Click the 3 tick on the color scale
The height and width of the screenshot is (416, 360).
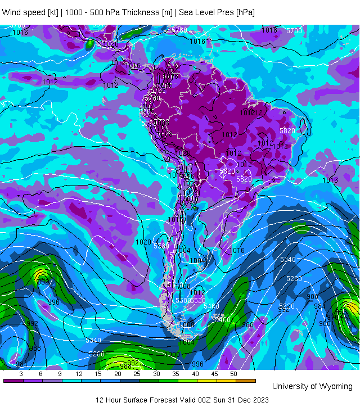(x=21, y=374)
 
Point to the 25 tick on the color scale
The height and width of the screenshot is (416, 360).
(x=137, y=374)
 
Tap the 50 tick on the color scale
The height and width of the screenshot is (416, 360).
(x=233, y=374)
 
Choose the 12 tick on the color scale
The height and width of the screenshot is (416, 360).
(x=79, y=374)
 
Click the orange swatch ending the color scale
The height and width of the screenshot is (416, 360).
(x=246, y=381)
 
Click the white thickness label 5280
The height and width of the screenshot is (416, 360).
(x=294, y=279)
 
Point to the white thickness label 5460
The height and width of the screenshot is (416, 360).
(x=211, y=306)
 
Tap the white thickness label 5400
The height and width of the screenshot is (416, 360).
(x=223, y=320)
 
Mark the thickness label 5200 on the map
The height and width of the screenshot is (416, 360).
(x=97, y=354)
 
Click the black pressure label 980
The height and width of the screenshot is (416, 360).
(x=325, y=324)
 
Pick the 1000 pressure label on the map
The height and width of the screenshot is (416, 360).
(x=172, y=354)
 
